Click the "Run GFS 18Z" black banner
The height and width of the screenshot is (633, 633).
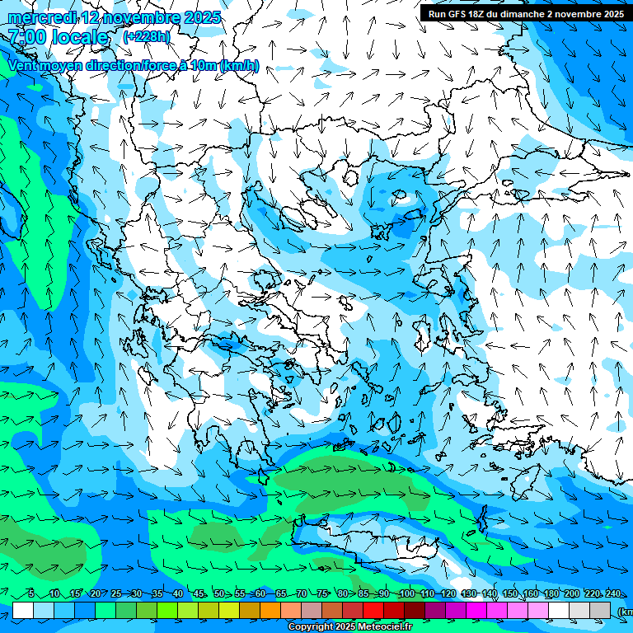525,14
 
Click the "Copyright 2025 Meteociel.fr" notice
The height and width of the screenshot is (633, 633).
349,626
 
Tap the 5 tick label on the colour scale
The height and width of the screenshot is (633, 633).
31,594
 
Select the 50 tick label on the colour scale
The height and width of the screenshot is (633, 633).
219,594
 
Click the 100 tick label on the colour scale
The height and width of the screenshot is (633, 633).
406,594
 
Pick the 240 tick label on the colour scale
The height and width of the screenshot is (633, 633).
612,594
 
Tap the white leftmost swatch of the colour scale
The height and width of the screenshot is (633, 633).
23,610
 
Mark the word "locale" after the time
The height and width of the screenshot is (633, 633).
81,37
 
